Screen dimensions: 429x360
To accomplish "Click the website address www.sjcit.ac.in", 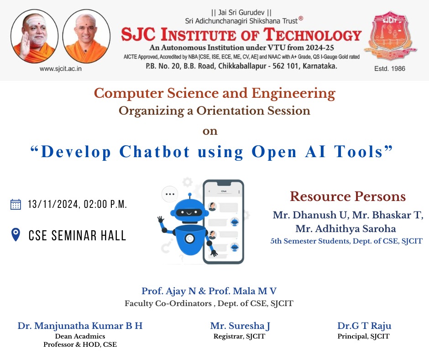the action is [x=60, y=69].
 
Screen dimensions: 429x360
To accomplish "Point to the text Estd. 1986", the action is [x=390, y=69].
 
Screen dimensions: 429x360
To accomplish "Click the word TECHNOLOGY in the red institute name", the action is [x=312, y=35].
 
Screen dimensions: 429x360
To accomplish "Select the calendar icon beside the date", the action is [x=16, y=204].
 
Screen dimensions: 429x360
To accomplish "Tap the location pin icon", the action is [x=16, y=235].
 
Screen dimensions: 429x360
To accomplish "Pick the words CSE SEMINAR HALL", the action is [x=78, y=236].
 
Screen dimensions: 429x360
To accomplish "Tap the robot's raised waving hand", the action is [x=161, y=219].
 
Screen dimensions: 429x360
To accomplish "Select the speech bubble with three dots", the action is [x=170, y=194].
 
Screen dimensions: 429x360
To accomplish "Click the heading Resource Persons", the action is [x=348, y=196].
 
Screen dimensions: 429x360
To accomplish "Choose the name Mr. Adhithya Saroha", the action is [x=345, y=228].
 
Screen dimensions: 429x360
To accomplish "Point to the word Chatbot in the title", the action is [x=155, y=152].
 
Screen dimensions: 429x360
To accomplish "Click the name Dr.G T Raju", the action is [x=364, y=326].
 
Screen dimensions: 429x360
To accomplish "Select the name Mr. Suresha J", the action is [x=240, y=326].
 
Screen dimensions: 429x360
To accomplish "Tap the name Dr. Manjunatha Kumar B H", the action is [x=80, y=326].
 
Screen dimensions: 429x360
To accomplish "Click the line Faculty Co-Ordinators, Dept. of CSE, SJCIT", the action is [x=209, y=303].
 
